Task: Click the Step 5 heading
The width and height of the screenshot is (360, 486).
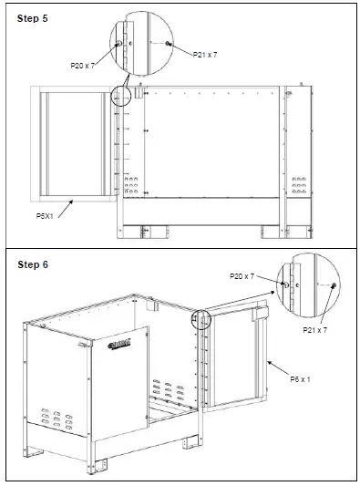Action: click(x=33, y=18)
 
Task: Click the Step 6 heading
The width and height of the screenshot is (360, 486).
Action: click(x=33, y=264)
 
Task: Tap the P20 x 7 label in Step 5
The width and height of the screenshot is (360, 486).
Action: click(x=84, y=66)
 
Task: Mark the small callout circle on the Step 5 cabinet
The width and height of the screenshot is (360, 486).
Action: click(x=121, y=96)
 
